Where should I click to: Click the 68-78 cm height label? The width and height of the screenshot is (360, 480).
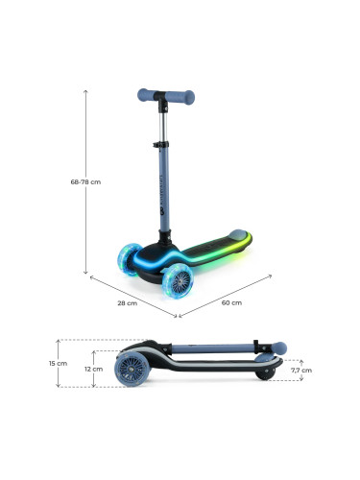click(x=85, y=181)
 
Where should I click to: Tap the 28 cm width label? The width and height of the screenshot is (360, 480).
click(x=128, y=303)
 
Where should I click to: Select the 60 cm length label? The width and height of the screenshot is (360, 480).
click(x=231, y=302)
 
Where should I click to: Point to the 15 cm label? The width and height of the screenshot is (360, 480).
click(x=58, y=364)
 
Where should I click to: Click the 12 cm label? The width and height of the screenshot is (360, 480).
click(x=93, y=369)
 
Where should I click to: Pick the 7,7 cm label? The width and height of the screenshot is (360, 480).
click(x=301, y=371)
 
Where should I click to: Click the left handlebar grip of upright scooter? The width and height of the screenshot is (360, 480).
click(x=146, y=95)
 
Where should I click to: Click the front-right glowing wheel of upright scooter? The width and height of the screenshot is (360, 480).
click(x=178, y=280)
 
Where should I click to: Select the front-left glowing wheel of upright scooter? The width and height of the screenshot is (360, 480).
click(x=129, y=259)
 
